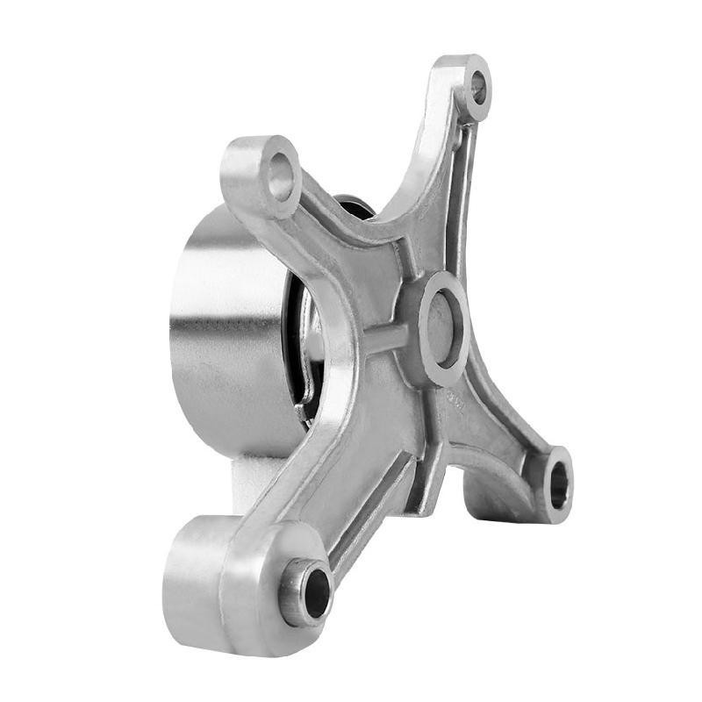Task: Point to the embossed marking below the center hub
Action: pos(455,399)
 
